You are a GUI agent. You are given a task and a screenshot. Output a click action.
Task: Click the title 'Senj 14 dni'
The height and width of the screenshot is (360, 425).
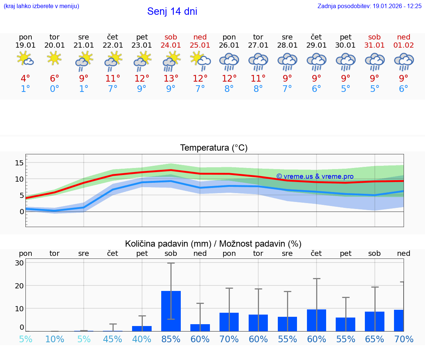172,11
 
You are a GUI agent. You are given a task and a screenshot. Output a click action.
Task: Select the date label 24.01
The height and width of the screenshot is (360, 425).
171,45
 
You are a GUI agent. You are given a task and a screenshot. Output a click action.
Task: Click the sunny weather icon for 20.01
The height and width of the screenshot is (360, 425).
55,58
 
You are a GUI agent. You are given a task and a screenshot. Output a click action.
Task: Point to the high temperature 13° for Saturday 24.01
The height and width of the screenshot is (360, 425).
171,79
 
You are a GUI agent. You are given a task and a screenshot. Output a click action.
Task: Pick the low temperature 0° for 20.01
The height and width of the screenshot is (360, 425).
55,89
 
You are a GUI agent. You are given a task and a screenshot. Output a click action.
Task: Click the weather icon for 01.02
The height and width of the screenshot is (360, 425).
404,61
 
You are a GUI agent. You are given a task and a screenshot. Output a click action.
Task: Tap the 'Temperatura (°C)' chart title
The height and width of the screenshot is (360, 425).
214,148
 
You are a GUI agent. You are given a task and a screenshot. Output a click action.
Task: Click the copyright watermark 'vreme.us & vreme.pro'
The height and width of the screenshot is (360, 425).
315,176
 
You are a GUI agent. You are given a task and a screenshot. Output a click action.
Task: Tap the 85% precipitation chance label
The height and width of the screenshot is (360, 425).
171,339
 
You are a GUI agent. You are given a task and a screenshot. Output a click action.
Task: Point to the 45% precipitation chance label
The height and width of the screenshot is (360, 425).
113,339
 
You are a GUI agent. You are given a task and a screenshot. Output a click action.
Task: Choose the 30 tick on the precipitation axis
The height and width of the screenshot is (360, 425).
19,263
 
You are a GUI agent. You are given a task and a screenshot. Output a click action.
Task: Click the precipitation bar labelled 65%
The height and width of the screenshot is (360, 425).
374,321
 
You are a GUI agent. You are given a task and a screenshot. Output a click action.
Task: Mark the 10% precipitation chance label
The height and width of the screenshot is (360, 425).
55,339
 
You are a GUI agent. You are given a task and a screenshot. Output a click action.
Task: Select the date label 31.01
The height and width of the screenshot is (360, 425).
374,45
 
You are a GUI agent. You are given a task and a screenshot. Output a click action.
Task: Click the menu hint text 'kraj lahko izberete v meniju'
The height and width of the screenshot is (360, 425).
41,6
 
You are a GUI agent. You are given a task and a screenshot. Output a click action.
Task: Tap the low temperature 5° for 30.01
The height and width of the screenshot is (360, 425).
345,89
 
